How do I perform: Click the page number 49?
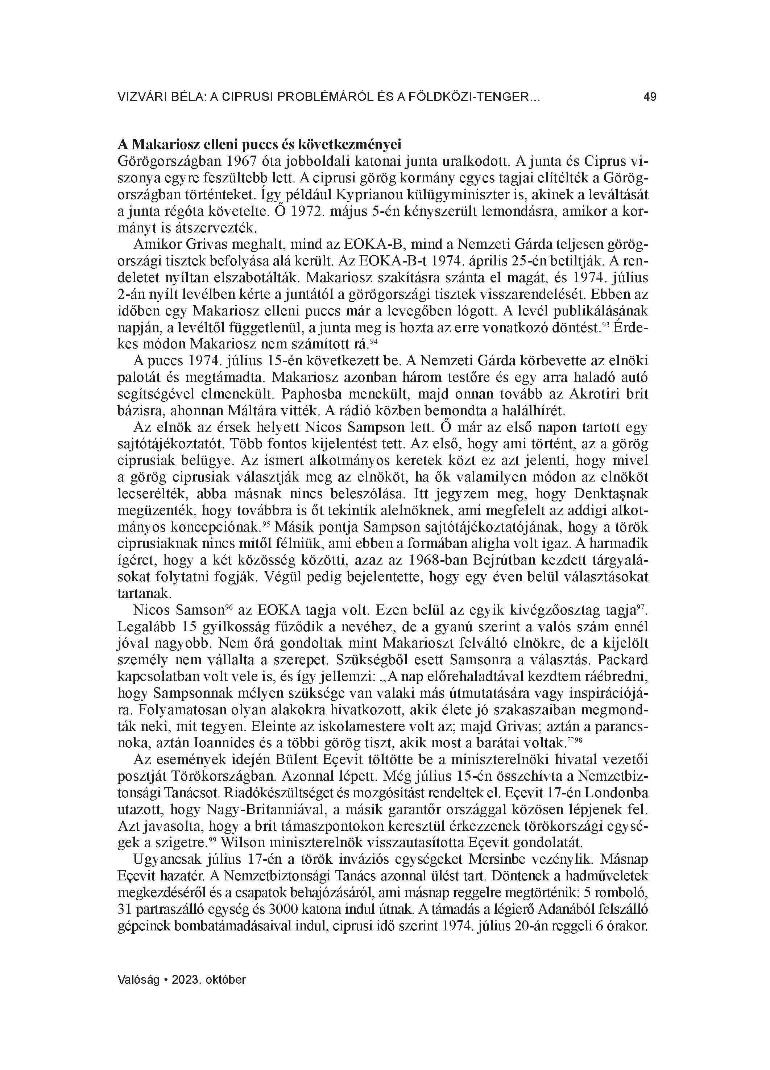click(650, 97)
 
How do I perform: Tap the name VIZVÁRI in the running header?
click(139, 97)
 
